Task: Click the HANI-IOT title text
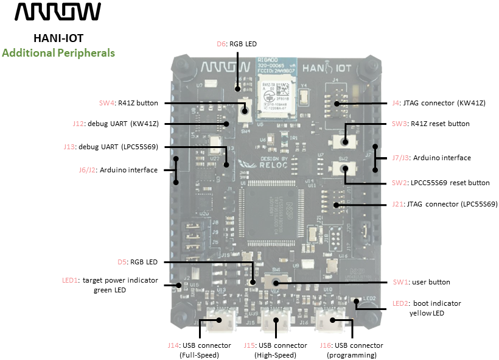[x=58, y=38]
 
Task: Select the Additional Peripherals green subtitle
[x=58, y=53]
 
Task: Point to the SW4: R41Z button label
[x=128, y=103]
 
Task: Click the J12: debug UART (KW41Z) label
[x=115, y=124]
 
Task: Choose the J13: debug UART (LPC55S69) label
[x=111, y=146]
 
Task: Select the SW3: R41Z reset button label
[x=430, y=124]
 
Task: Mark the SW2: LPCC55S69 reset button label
[x=441, y=183]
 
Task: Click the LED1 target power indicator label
[x=110, y=285]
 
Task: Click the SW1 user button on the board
[x=276, y=282]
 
